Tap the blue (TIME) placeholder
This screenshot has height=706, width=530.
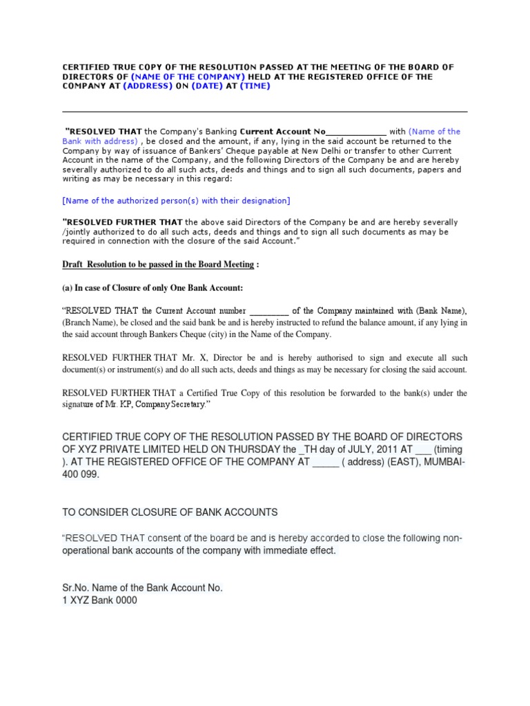[255, 86]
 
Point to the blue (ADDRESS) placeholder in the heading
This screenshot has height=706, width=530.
[147, 86]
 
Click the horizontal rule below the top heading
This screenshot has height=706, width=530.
[264, 112]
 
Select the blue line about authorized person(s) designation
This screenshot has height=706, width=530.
[176, 201]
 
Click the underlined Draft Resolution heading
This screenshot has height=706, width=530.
[161, 265]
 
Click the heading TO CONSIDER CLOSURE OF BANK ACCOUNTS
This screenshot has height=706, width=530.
[170, 512]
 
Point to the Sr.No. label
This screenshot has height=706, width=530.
[76, 588]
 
